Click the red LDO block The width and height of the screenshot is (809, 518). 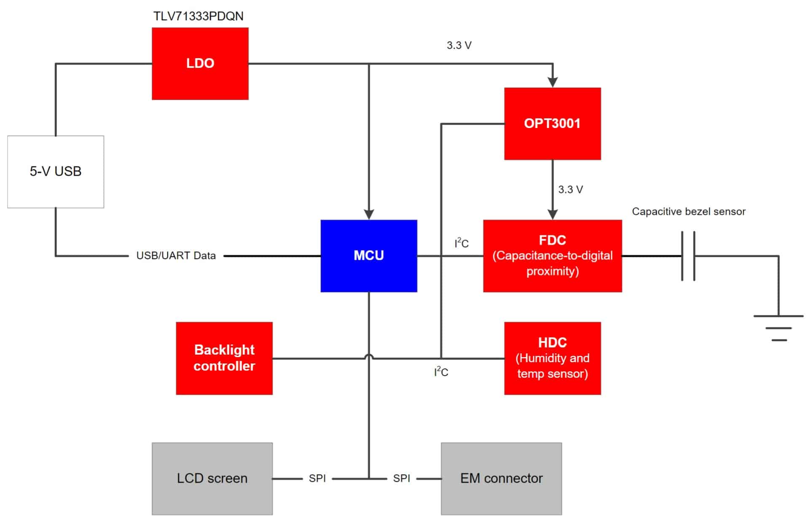pyautogui.click(x=200, y=64)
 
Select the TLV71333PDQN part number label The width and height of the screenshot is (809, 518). pyautogui.click(x=198, y=16)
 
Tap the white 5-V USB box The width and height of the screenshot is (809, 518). pyautogui.click(x=56, y=171)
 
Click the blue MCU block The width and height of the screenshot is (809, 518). pyautogui.click(x=368, y=256)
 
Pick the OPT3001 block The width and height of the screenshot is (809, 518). pyautogui.click(x=552, y=123)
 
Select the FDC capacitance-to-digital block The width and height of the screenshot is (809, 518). pyautogui.click(x=552, y=256)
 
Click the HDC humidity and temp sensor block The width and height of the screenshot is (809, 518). pyautogui.click(x=552, y=358)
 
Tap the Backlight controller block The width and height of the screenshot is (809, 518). pyautogui.click(x=224, y=358)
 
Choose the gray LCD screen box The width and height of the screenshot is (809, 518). pyautogui.click(x=212, y=478)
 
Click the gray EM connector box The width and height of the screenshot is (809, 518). pyautogui.click(x=501, y=478)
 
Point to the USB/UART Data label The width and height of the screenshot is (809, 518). pyautogui.click(x=176, y=256)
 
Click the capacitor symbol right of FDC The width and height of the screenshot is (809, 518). pyautogui.click(x=688, y=256)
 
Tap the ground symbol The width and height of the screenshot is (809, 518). pyautogui.click(x=779, y=327)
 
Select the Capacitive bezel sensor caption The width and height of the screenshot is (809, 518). pyautogui.click(x=688, y=211)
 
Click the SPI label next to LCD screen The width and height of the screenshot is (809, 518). pyautogui.click(x=317, y=478)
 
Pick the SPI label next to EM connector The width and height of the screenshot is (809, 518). pyautogui.click(x=401, y=478)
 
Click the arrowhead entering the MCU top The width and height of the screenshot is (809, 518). pyautogui.click(x=369, y=214)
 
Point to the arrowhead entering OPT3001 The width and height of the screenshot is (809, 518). pyautogui.click(x=553, y=82)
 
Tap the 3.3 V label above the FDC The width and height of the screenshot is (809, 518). pyautogui.click(x=570, y=190)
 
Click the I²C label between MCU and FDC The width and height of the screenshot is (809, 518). pyautogui.click(x=462, y=243)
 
